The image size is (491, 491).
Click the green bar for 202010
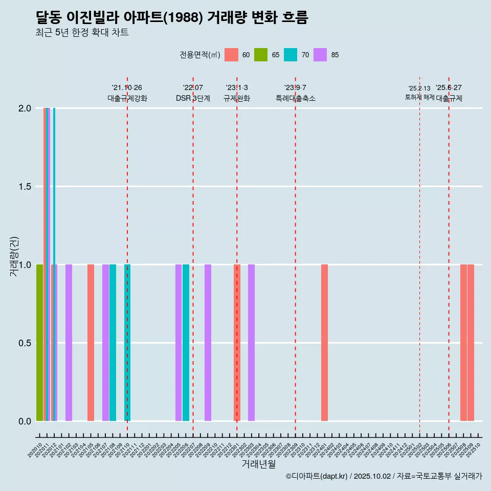tap(39, 343)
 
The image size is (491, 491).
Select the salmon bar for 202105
tap(91, 343)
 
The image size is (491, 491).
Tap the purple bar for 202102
tap(69, 343)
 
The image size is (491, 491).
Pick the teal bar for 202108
tap(113, 343)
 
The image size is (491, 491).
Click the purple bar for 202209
tap(208, 343)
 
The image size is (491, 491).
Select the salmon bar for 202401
tap(324, 343)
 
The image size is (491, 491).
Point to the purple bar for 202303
tap(251, 343)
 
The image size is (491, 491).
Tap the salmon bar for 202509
tap(471, 343)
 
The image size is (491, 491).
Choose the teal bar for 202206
tap(186, 343)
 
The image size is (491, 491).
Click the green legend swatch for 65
tap(261, 55)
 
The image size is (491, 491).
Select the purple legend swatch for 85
tap(320, 55)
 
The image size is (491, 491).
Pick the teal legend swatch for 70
tap(291, 55)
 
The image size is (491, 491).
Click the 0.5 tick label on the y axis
tap(25, 343)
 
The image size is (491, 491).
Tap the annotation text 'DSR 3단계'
tap(193, 99)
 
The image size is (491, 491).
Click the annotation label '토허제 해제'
tap(419, 97)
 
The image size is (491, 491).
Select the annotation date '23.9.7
tap(295, 87)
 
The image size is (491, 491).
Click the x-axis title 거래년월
tap(258, 464)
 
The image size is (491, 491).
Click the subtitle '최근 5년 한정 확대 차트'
tap(82, 33)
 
